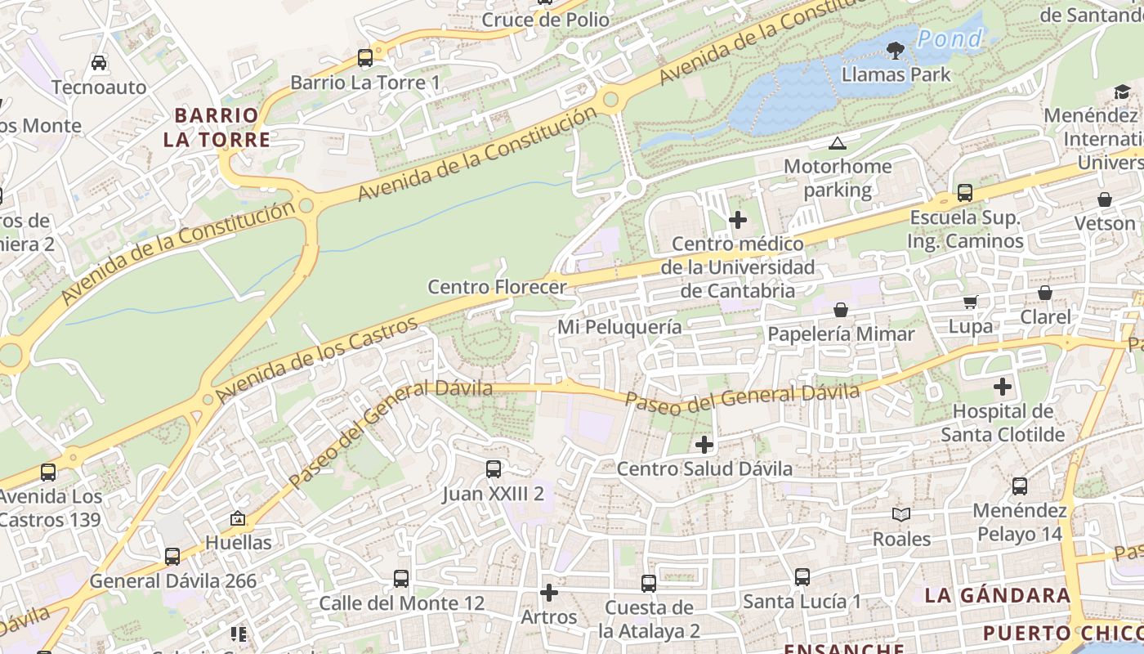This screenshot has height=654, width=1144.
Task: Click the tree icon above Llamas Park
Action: (x=896, y=50)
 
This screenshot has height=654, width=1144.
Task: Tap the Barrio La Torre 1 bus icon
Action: (x=365, y=58)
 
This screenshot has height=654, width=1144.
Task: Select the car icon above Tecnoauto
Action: (x=99, y=63)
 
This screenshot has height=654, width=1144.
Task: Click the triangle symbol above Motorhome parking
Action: (x=837, y=144)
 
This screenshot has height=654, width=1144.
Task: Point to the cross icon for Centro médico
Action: (x=738, y=220)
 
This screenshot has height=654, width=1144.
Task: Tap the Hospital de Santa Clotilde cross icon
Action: (x=1003, y=387)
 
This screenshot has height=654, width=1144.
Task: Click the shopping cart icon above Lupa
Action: (x=971, y=302)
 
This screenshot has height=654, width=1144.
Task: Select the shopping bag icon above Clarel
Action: (x=1045, y=293)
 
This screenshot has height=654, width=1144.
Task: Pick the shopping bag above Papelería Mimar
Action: (x=841, y=310)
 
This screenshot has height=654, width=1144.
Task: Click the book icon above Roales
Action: (x=901, y=514)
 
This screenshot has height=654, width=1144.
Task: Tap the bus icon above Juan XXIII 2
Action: (x=494, y=469)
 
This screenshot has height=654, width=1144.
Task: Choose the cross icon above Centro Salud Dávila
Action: (x=704, y=445)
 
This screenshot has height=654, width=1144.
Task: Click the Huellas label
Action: (x=238, y=542)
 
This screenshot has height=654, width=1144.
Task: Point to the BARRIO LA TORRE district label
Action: (x=217, y=127)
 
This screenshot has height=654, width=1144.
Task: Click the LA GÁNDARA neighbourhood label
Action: (x=997, y=595)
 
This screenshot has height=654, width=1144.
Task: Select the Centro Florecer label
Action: (x=497, y=287)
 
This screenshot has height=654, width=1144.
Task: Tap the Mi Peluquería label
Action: (x=619, y=327)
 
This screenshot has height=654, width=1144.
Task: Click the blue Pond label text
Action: (x=950, y=38)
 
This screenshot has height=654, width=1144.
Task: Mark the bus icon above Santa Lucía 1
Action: (x=802, y=577)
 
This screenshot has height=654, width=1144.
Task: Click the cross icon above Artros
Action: (x=549, y=592)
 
